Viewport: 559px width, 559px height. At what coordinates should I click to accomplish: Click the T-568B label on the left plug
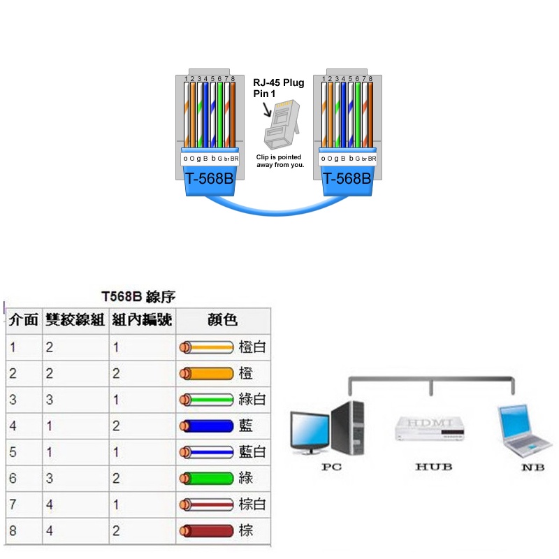[x=209, y=179]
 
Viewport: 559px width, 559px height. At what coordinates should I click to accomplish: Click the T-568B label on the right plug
[x=347, y=179]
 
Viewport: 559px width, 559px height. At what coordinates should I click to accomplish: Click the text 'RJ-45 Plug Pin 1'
[x=278, y=88]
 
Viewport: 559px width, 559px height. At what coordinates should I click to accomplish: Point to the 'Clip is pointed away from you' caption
[x=279, y=161]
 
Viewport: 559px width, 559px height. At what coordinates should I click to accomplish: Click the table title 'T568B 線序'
[x=138, y=298]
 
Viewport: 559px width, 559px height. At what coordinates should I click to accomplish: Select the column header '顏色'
[x=223, y=321]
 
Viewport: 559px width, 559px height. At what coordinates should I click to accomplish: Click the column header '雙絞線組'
[x=75, y=321]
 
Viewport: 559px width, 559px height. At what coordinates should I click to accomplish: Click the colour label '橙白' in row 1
[x=252, y=347]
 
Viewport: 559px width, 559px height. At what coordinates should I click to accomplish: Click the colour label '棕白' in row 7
[x=252, y=504]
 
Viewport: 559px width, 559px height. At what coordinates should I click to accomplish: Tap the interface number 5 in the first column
[x=13, y=452]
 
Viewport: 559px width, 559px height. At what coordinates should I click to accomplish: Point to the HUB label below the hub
[x=433, y=466]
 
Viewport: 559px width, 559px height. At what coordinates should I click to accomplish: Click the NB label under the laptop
[x=532, y=467]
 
